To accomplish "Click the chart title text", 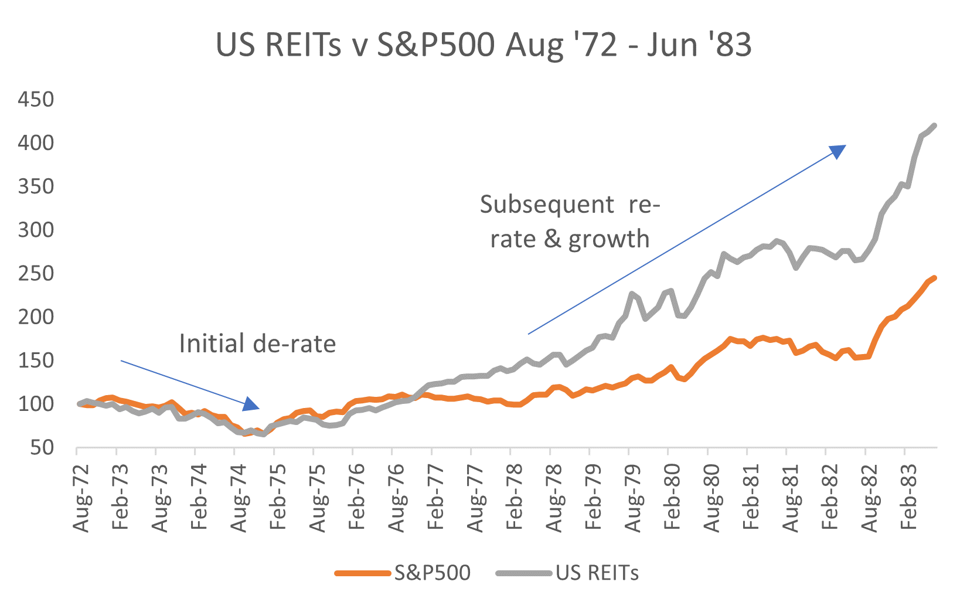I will [483, 45].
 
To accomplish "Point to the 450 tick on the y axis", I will [36, 99].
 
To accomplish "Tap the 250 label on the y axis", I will [36, 273].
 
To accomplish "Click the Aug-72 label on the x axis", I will [81, 497].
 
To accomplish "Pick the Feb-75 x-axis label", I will [278, 497].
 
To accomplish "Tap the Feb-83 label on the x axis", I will [909, 497].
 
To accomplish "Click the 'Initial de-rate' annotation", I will [257, 344].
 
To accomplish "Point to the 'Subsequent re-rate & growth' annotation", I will [570, 222].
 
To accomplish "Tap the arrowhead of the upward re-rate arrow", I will [838, 151].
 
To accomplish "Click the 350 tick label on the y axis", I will [36, 186].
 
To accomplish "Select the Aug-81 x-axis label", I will [791, 497].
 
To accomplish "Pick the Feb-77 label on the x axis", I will [436, 497].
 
